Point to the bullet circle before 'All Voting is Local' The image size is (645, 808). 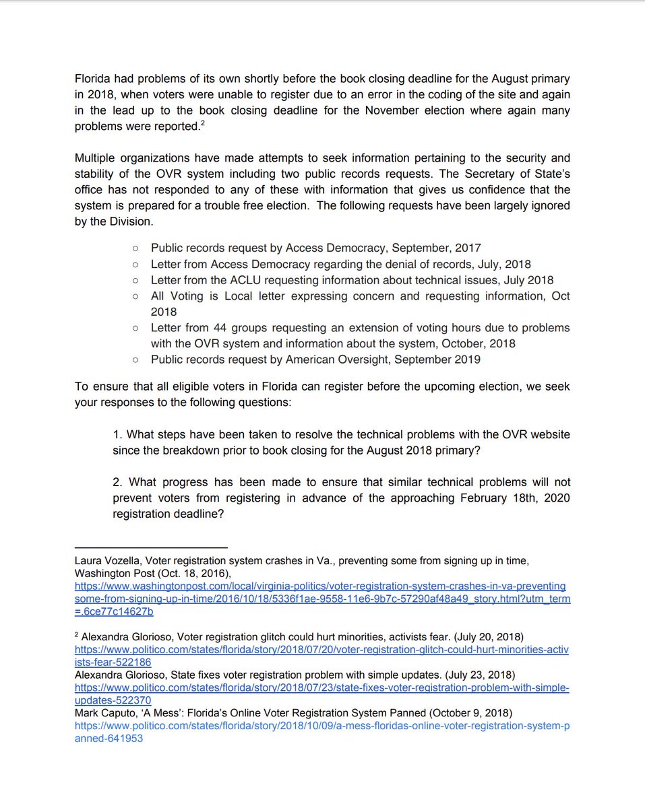[x=135, y=297]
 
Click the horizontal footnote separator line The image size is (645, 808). [x=151, y=548]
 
